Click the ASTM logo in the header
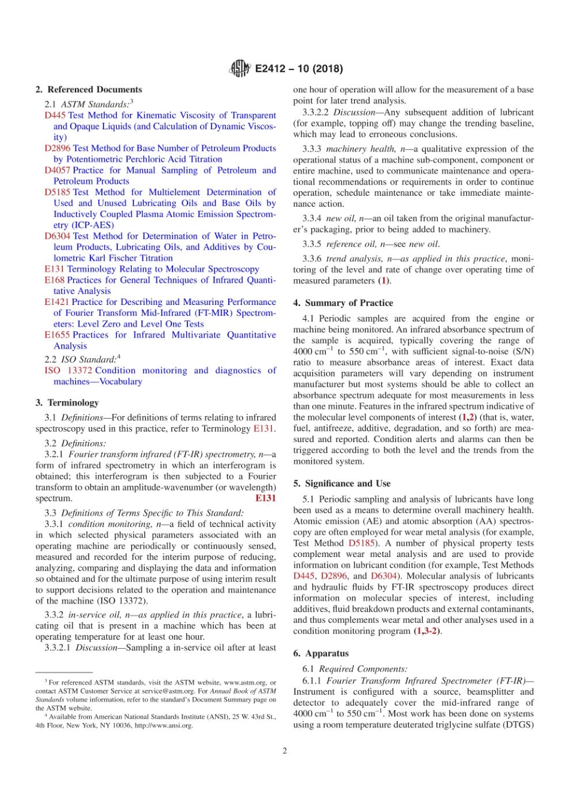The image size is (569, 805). tap(240, 69)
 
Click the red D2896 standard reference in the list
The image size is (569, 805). tap(57, 148)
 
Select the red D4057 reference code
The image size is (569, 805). tap(57, 170)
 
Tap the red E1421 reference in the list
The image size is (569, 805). tap(57, 302)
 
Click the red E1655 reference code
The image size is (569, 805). tap(57, 335)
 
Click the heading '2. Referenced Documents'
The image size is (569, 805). tap(89, 89)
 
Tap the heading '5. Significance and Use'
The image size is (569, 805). tap(341, 483)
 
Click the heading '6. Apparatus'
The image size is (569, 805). tap(320, 653)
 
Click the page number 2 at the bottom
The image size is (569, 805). tap(284, 750)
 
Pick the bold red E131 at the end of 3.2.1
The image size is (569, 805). tap(265, 498)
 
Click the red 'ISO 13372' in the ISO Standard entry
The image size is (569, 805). tap(68, 371)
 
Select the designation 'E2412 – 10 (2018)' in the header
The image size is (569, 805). tap(299, 69)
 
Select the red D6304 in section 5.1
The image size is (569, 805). tap(383, 576)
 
